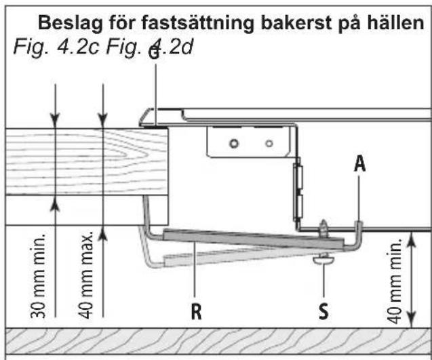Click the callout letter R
pos(196,311)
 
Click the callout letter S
pos(323,311)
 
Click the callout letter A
pos(360,163)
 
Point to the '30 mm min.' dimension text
pos(38,276)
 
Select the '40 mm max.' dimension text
pos(86,275)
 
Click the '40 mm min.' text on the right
pos(395,281)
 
